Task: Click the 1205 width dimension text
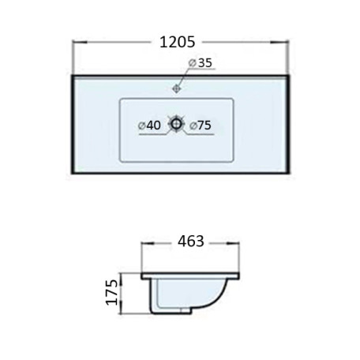178,42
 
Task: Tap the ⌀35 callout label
201,63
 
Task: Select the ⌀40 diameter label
149,126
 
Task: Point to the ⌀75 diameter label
201,126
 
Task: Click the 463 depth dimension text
191,241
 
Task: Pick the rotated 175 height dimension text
112,292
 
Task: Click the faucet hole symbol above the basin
177,88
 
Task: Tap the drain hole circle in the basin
175,123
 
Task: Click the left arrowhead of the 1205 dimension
80,42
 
